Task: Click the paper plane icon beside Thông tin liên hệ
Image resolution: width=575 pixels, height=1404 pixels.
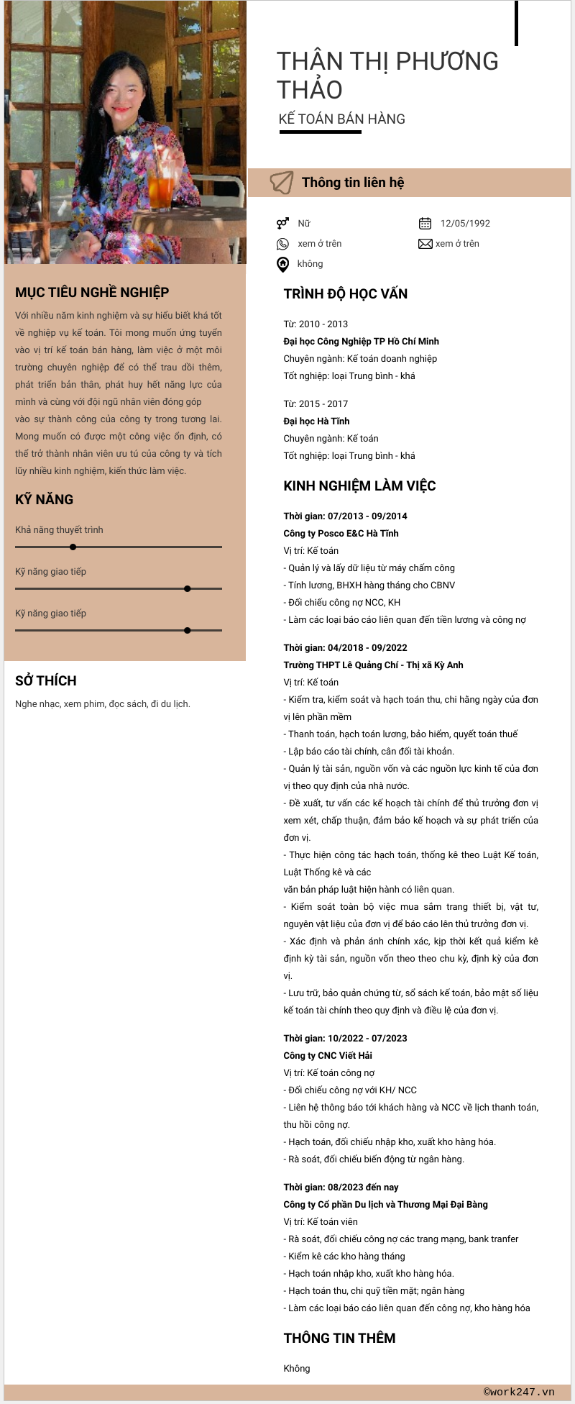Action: (x=282, y=183)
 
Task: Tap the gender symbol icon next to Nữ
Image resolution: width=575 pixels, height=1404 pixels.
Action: (x=282, y=223)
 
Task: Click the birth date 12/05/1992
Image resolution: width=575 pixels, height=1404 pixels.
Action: (x=465, y=223)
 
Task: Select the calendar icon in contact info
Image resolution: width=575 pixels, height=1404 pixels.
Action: (x=425, y=223)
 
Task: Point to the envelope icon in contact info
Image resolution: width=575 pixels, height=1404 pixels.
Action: (x=425, y=244)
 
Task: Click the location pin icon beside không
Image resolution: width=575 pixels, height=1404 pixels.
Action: (x=283, y=264)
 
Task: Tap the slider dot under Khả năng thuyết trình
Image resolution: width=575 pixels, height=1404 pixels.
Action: (x=73, y=547)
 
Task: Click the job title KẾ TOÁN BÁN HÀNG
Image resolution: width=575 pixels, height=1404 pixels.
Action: (x=342, y=119)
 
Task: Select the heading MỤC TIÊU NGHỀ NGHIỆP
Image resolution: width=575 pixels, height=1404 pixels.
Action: (x=92, y=293)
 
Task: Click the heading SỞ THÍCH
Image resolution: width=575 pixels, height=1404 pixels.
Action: (x=46, y=680)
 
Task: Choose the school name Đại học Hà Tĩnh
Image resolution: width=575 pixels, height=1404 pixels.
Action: (x=316, y=421)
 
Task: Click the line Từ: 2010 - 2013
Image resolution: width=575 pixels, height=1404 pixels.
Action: (x=316, y=324)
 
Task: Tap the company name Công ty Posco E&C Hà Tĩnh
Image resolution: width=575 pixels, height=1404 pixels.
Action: (x=341, y=533)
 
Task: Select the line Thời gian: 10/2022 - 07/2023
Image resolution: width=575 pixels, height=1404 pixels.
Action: (x=345, y=1038)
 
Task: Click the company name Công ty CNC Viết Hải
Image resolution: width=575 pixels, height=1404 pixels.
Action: (x=328, y=1055)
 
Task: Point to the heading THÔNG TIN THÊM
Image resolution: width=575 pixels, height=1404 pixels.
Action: (x=339, y=1338)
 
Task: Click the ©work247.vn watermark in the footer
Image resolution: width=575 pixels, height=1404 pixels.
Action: (x=519, y=1392)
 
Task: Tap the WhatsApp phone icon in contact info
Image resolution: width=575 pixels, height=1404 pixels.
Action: (x=283, y=244)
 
